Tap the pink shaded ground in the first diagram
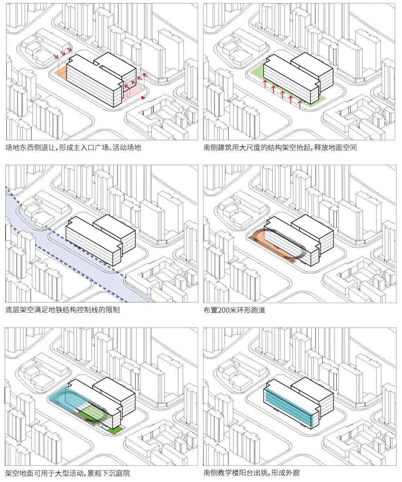coord(133,94)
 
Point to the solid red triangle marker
coord(143,98)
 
